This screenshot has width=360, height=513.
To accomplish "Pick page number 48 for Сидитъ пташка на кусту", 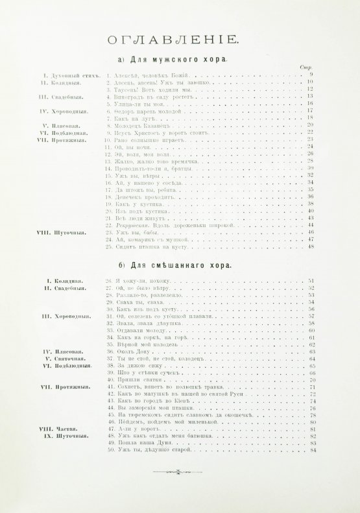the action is [310, 246].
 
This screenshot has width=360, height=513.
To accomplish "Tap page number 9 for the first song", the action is [311, 77].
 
